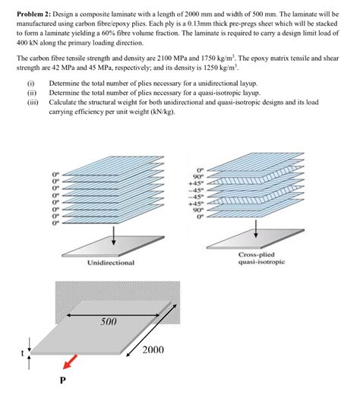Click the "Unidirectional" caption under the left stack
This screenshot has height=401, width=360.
tap(110, 262)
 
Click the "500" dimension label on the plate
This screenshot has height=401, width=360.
tap(109, 322)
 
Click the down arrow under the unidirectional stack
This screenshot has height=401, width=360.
tap(113, 233)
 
